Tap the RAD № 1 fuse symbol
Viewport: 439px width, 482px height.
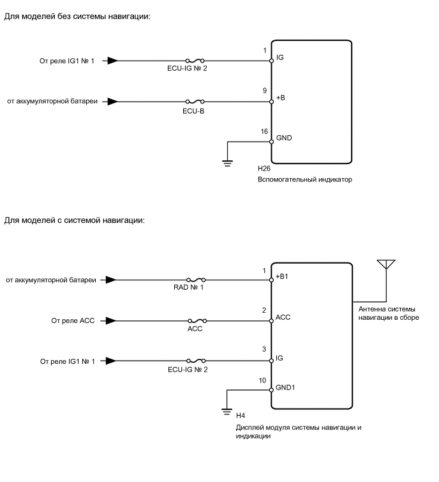tap(195, 280)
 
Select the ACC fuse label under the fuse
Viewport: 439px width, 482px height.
tap(195, 328)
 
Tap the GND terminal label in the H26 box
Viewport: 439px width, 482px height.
tap(284, 137)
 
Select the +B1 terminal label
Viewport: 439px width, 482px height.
tap(283, 276)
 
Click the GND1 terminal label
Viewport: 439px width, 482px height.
tap(286, 388)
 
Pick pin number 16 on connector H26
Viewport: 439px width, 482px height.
tap(264, 131)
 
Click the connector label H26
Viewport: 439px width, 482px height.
tap(264, 169)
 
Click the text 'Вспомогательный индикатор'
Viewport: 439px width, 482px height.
tap(305, 180)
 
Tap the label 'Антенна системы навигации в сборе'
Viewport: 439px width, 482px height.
tap(389, 313)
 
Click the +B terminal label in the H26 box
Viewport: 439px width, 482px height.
tap(281, 98)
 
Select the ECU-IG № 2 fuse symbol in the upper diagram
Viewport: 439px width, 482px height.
tap(195, 61)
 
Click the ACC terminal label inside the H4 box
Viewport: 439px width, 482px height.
tap(283, 316)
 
